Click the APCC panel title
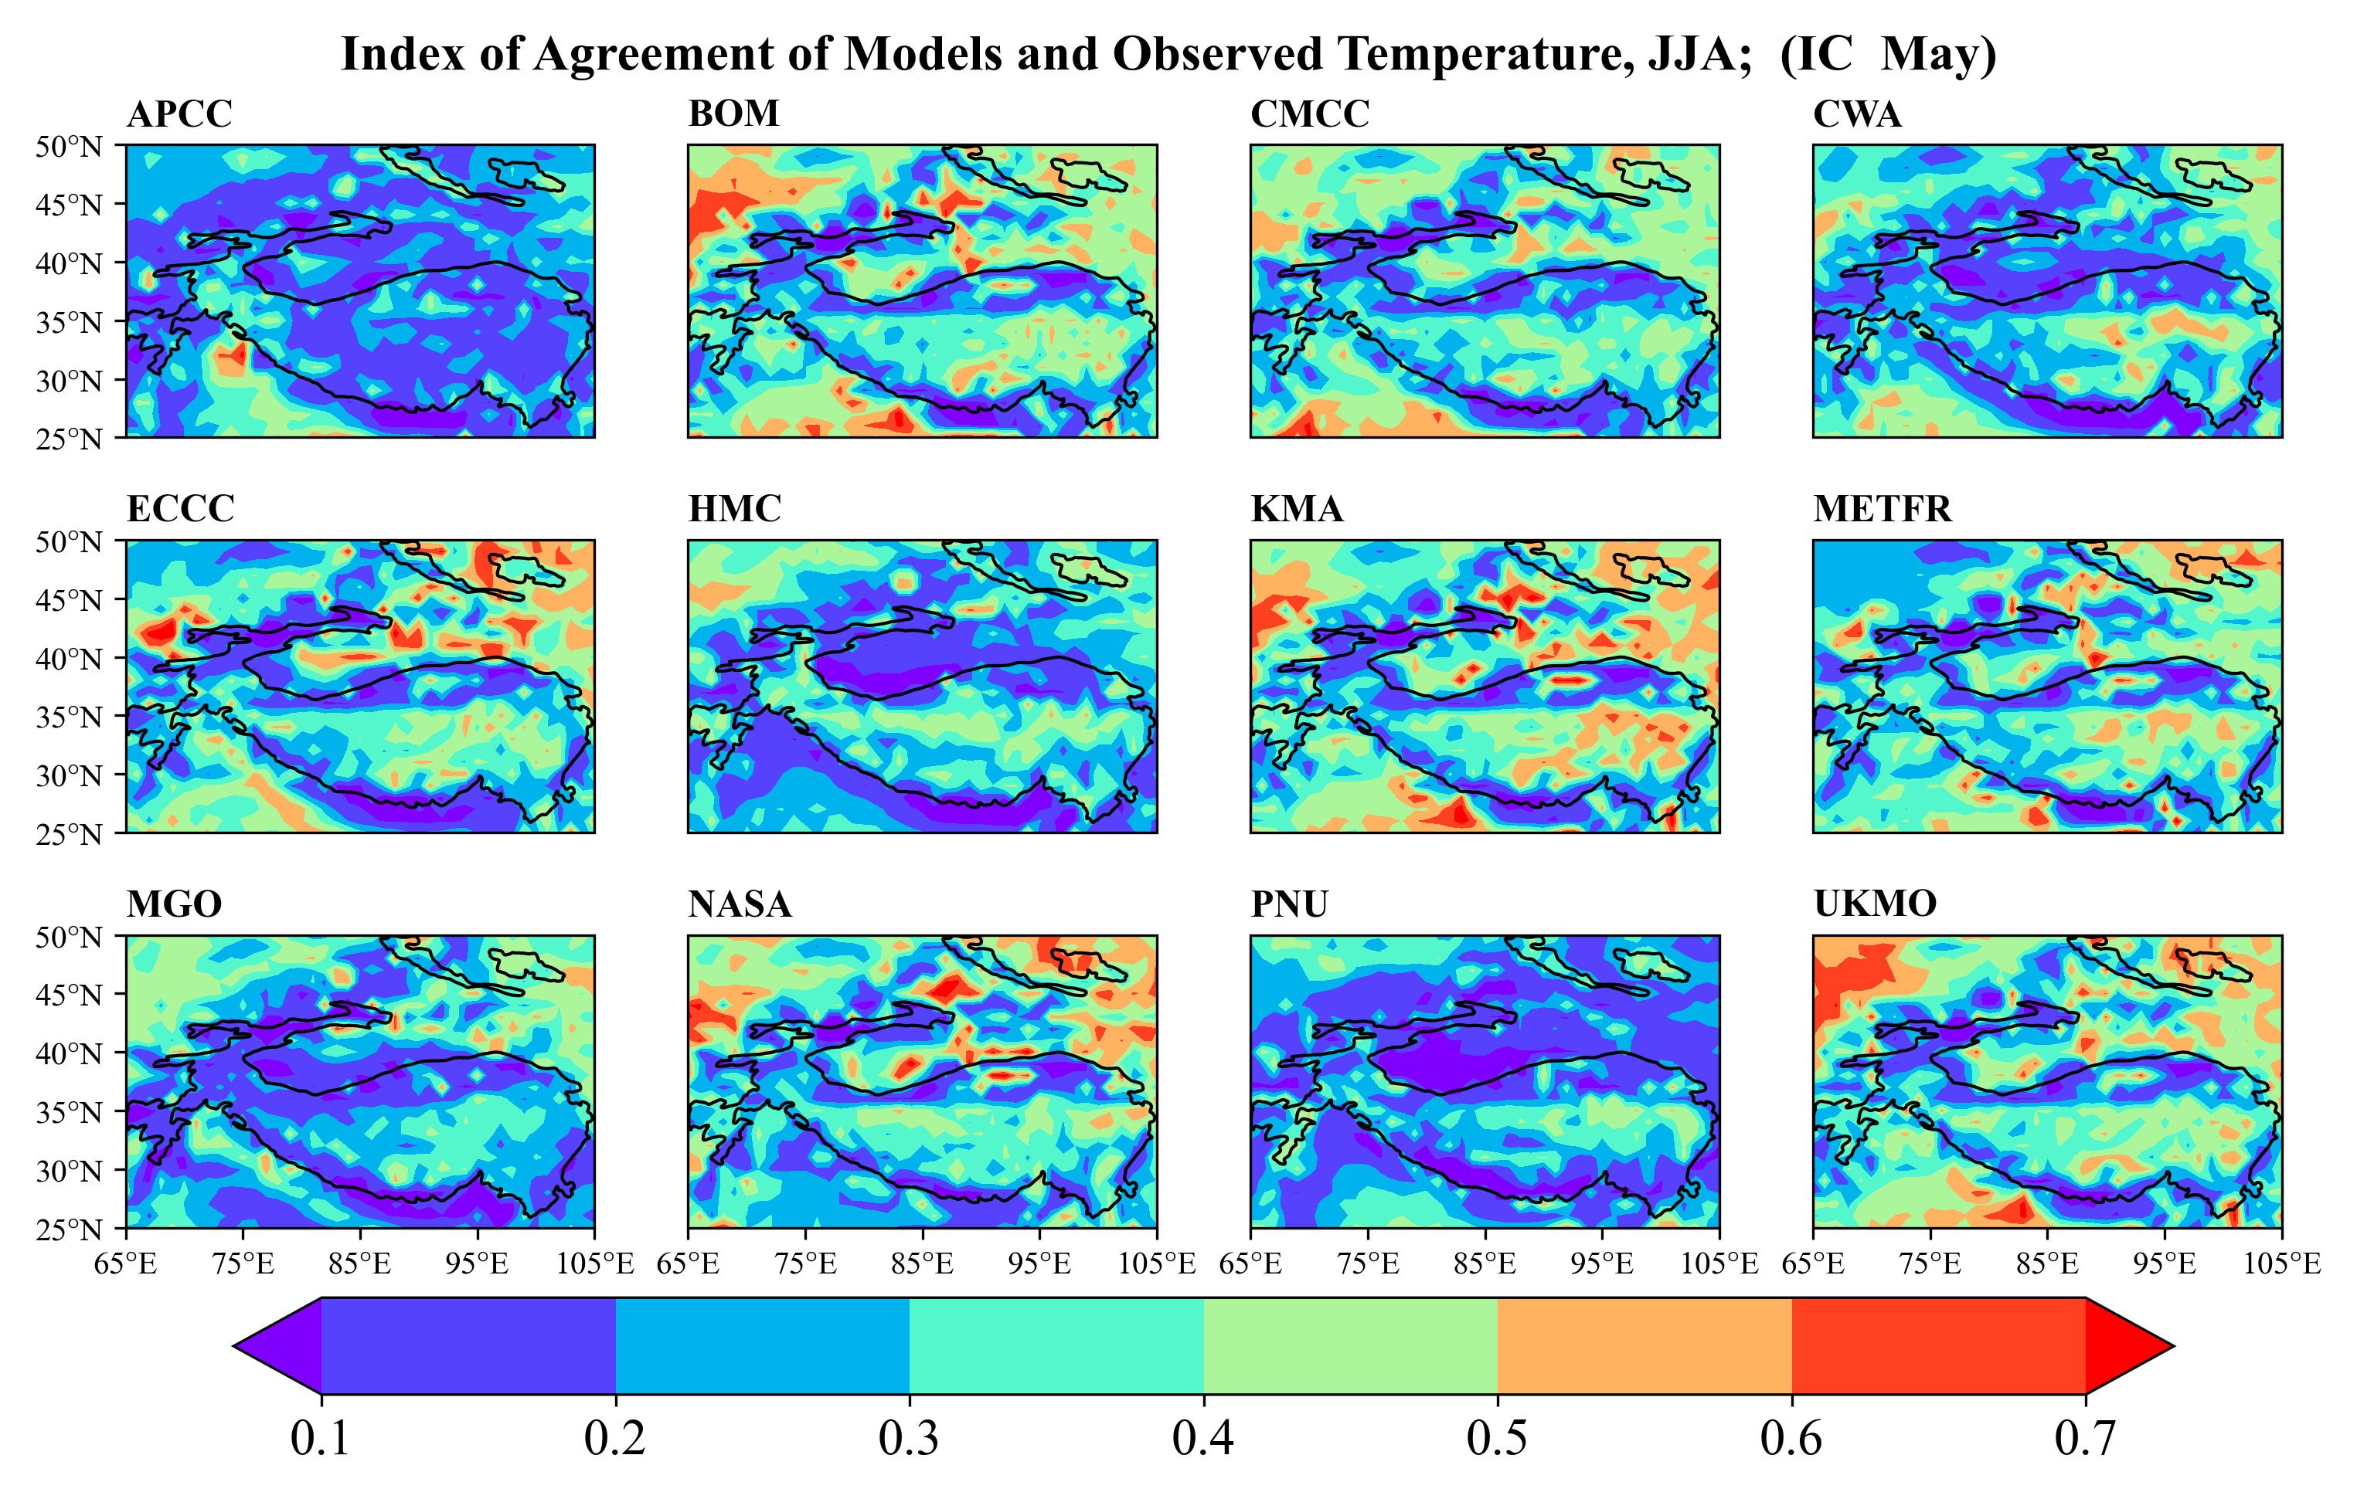tap(179, 114)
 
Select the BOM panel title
tap(733, 114)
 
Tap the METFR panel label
tap(1881, 510)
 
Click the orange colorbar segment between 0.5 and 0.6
tap(1644, 1345)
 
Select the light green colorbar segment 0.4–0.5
tap(1350, 1345)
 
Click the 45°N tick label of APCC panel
tap(70, 205)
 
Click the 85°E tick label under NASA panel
tap(922, 1264)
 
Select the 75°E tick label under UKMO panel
tap(1930, 1264)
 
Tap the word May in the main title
tap(1937, 55)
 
